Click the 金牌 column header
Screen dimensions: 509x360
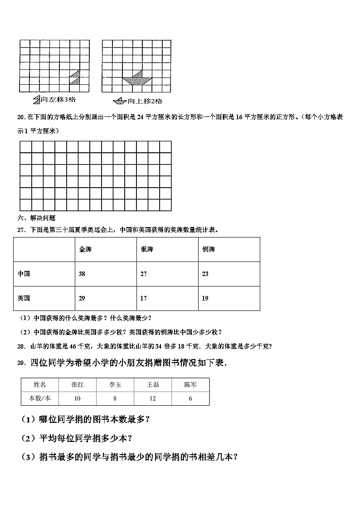[85, 250]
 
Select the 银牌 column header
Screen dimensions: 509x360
[147, 250]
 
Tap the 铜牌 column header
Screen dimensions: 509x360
[209, 250]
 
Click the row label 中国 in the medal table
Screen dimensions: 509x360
[24, 274]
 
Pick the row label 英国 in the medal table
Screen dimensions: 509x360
[24, 298]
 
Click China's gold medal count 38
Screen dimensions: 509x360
[82, 274]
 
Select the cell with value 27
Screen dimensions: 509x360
[144, 274]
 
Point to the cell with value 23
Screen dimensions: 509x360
[205, 274]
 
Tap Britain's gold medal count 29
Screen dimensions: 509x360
[82, 298]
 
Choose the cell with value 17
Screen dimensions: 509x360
[144, 298]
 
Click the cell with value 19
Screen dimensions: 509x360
[205, 298]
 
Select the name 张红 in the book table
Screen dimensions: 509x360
[77, 385]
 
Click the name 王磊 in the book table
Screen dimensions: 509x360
[153, 385]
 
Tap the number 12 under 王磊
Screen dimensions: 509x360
[153, 398]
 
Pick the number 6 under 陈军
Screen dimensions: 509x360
[190, 398]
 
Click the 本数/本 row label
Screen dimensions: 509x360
[40, 398]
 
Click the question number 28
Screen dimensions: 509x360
[20, 347]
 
